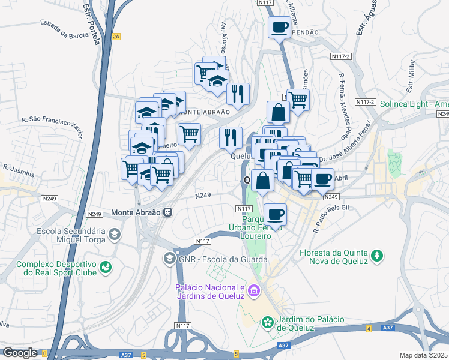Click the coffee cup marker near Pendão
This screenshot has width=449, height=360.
click(279, 27)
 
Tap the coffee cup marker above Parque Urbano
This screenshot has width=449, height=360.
click(275, 214)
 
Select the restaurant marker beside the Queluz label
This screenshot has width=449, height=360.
click(231, 138)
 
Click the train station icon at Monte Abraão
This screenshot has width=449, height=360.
click(169, 212)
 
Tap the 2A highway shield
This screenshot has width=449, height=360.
click(116, 36)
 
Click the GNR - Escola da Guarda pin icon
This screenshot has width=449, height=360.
click(169, 259)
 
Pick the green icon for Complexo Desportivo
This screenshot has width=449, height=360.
click(106, 266)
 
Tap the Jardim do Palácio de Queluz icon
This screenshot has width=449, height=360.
click(267, 323)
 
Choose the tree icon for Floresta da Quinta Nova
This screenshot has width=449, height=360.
click(376, 256)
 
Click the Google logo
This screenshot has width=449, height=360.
click(20, 352)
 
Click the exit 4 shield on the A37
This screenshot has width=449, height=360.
click(368, 328)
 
